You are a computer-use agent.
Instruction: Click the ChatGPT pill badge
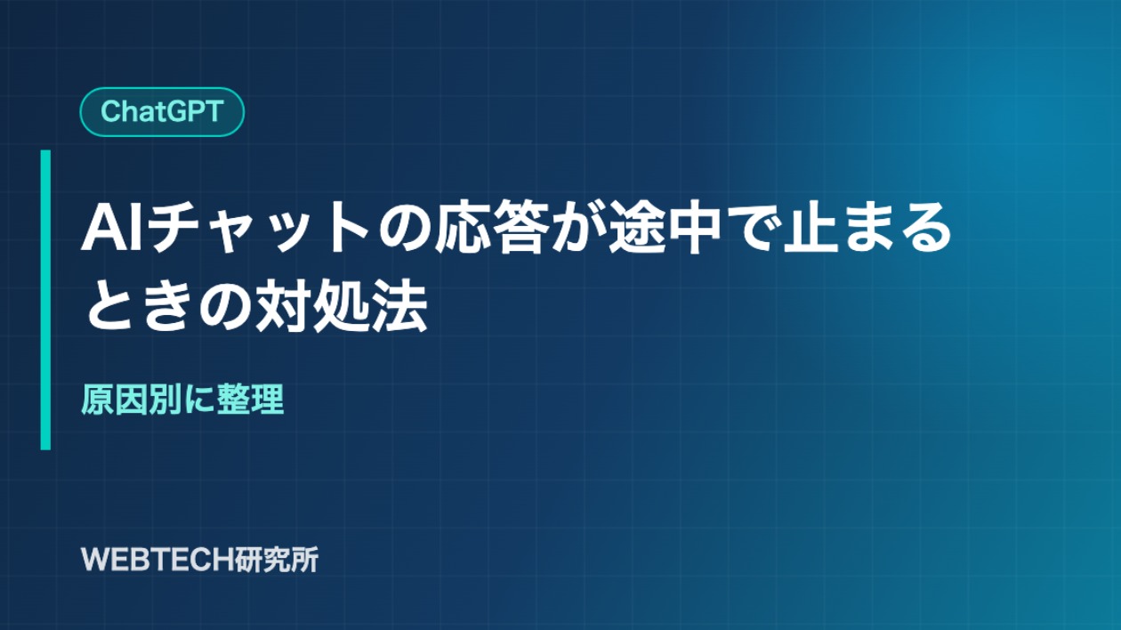click(x=162, y=111)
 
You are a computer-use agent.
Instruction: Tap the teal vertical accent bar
click(x=45, y=300)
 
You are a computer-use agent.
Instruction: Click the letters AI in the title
click(x=110, y=229)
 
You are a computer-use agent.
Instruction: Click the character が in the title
click(x=577, y=228)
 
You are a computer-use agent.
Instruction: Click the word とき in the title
click(x=141, y=306)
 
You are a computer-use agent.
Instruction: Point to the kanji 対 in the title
click(x=283, y=306)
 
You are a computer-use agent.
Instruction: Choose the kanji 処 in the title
click(x=342, y=306)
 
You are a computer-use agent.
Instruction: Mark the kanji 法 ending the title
click(x=399, y=306)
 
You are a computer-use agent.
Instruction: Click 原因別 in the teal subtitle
click(x=132, y=400)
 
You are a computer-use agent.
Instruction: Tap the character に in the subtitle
click(x=198, y=400)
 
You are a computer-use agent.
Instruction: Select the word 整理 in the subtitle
click(x=250, y=400)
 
